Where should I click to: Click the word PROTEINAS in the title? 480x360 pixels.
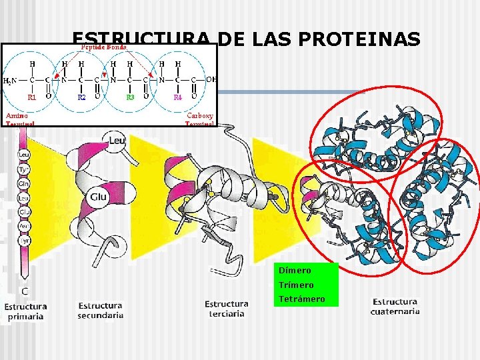(360, 40)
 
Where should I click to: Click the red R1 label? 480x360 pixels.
(31, 97)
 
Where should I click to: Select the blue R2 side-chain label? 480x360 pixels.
(81, 97)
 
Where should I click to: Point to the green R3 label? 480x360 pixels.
(131, 97)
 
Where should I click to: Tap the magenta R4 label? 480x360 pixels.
(178, 97)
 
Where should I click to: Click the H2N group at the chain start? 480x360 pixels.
(11, 80)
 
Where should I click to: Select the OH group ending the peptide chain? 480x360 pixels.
(211, 79)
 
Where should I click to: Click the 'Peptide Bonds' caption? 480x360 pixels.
(103, 47)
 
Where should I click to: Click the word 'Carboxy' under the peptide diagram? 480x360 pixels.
(200, 114)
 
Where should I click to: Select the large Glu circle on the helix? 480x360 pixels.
(99, 197)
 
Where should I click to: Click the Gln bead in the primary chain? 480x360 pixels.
(24, 182)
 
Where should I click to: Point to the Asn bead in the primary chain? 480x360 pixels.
(24, 226)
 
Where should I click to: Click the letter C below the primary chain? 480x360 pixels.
(25, 291)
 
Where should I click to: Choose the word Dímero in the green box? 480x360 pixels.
(295, 271)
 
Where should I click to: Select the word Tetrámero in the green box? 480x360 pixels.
(302, 299)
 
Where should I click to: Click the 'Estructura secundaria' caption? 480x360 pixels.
(101, 311)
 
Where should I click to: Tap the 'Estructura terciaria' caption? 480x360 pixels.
(227, 309)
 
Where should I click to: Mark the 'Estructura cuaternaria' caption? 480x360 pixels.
(396, 306)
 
